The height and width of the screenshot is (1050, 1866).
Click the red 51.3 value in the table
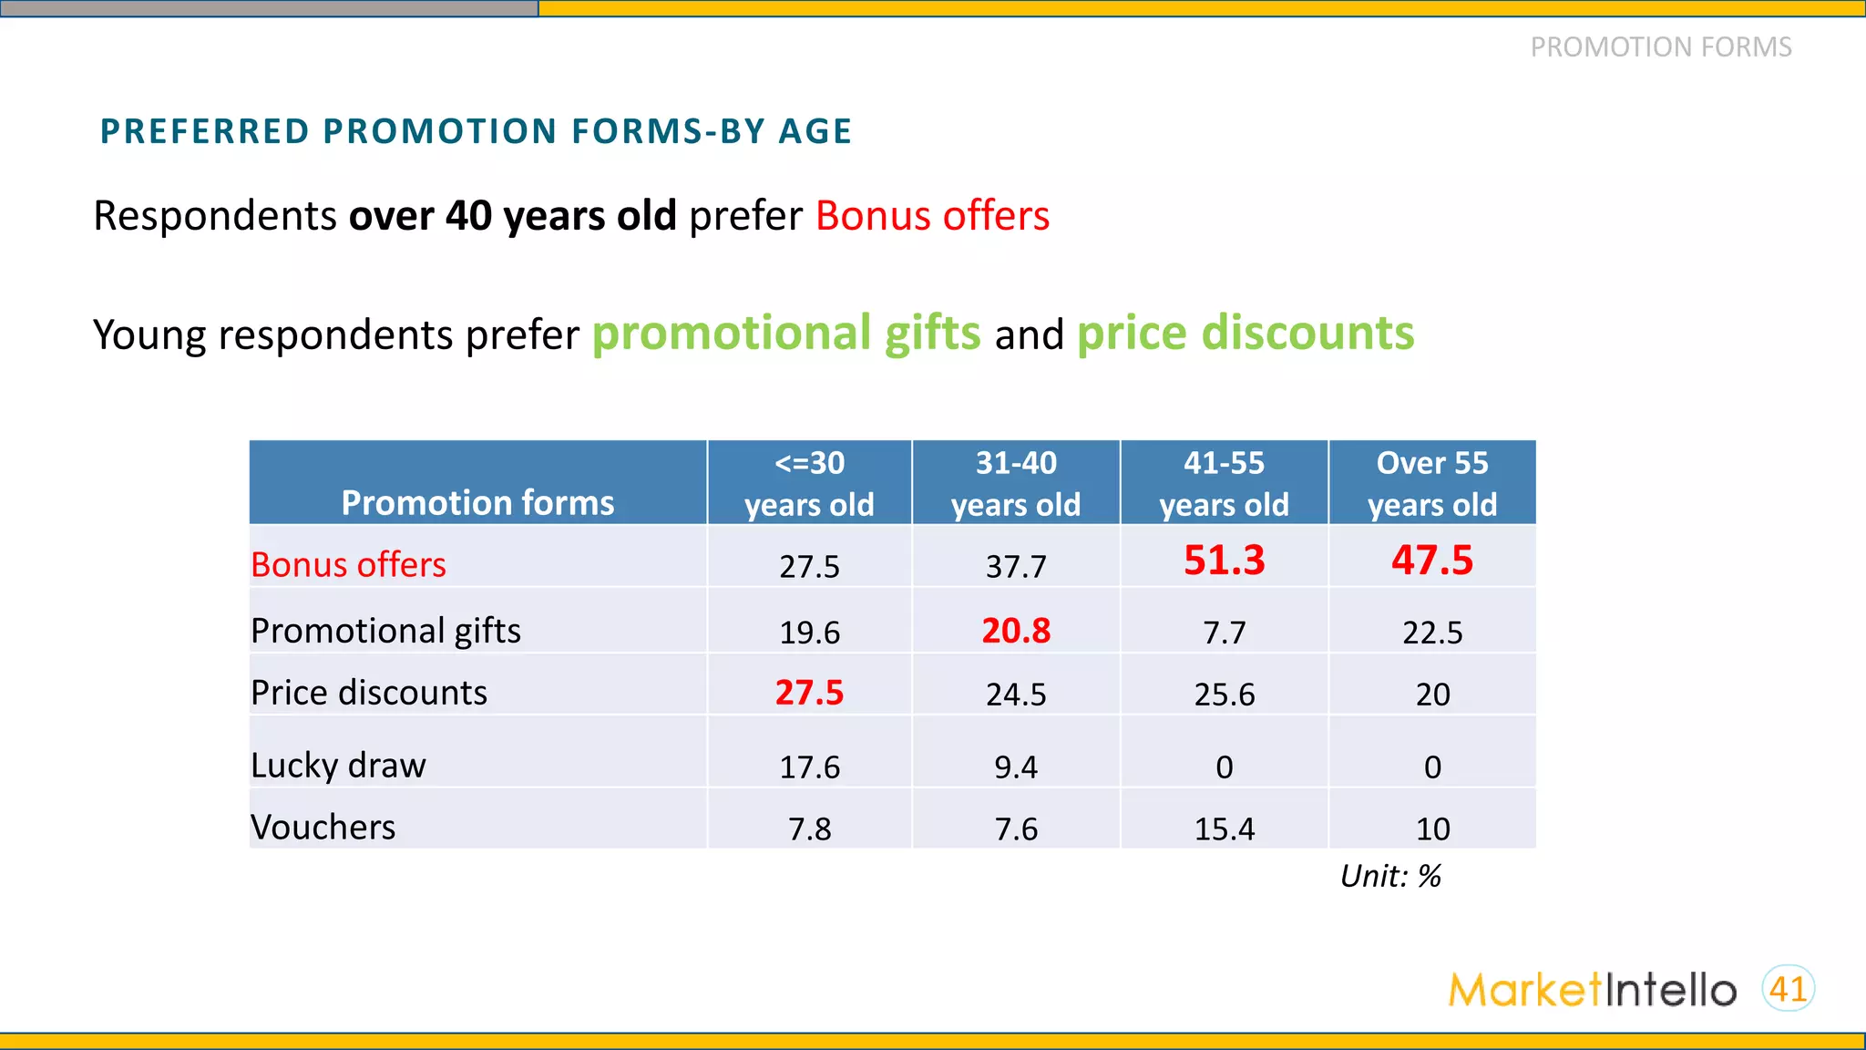(1224, 560)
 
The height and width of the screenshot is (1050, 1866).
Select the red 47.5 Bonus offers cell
(1431, 560)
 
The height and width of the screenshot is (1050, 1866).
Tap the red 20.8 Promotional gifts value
(1016, 631)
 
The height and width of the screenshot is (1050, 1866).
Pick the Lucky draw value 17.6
(809, 767)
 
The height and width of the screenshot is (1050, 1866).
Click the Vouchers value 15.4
(1224, 829)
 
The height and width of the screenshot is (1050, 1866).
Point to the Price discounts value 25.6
(1224, 695)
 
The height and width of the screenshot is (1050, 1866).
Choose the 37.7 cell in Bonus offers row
(1016, 567)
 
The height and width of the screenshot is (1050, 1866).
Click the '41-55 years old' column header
(1224, 483)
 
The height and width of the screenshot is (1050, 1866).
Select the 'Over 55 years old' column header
(1431, 483)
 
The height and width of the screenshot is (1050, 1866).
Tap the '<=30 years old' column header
(809, 483)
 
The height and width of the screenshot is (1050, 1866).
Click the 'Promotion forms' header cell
(477, 502)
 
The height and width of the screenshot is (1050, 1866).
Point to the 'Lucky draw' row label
(338, 766)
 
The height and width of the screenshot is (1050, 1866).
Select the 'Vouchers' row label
(323, 828)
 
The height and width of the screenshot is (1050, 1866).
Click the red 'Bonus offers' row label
(348, 565)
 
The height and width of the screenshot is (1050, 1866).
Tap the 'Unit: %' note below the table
(1390, 876)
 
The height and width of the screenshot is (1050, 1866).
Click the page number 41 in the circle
(1788, 989)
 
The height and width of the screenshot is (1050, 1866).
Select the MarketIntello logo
(1592, 990)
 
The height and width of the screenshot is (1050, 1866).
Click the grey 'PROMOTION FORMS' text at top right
(1660, 47)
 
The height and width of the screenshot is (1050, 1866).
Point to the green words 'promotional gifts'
(786, 333)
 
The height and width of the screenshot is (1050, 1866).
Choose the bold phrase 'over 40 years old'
(512, 216)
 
